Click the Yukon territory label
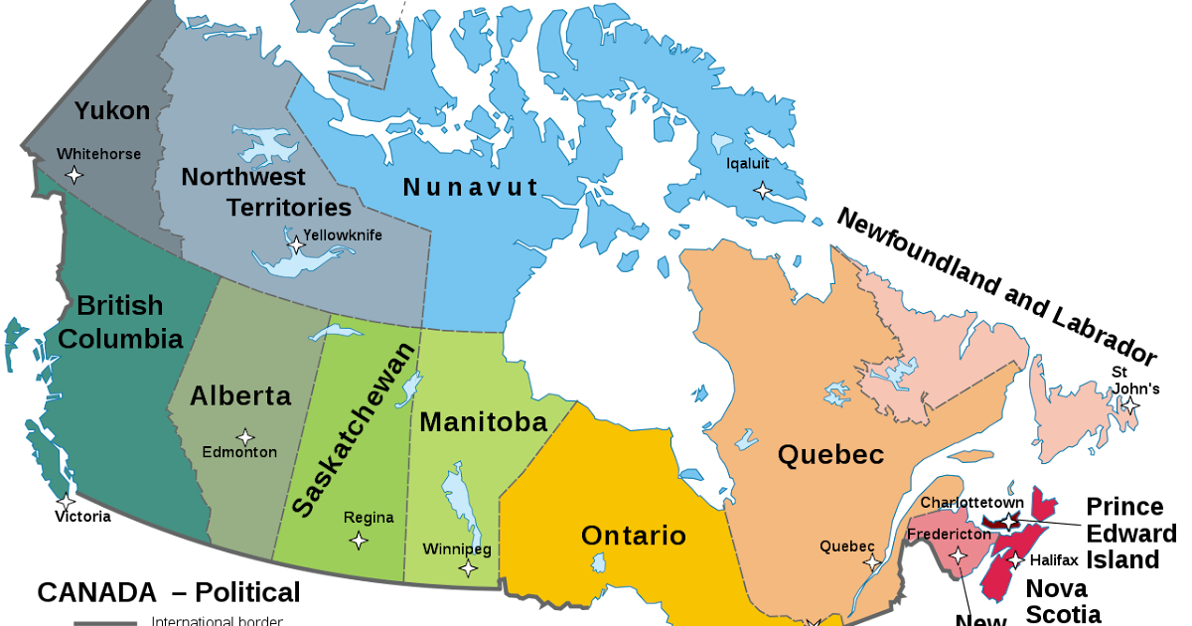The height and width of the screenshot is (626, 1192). [x=112, y=110]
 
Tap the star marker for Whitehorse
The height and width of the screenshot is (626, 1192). [x=73, y=175]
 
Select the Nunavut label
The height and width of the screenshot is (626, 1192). [x=471, y=187]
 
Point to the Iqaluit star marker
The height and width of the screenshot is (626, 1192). [x=762, y=190]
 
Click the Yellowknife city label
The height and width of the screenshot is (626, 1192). [x=343, y=235]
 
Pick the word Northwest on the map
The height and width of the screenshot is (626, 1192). [x=243, y=177]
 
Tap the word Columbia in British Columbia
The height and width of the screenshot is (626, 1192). [x=120, y=339]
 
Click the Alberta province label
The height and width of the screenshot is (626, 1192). [x=240, y=396]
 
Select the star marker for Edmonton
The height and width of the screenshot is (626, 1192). [x=244, y=436]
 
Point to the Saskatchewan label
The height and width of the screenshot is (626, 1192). [x=354, y=429]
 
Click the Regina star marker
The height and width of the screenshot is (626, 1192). [x=359, y=541]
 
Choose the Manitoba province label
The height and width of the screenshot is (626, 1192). [x=483, y=422]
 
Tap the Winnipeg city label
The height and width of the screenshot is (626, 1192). [x=457, y=549]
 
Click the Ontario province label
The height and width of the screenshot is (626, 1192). [x=633, y=536]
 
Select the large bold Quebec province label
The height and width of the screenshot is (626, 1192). [x=830, y=455]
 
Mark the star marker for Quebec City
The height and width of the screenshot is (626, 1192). [x=872, y=563]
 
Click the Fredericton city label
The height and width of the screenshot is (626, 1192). [x=949, y=535]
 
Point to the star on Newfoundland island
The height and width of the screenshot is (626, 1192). [x=1129, y=405]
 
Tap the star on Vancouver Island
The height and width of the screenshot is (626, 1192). [x=66, y=502]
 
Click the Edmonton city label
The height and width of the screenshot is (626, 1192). [x=239, y=453]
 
